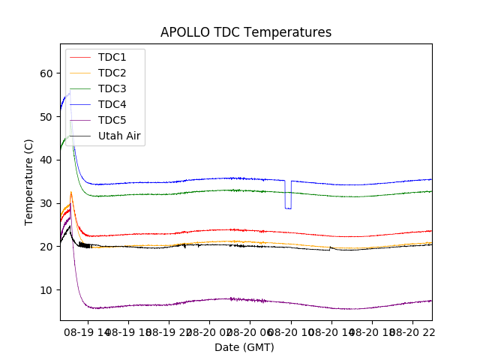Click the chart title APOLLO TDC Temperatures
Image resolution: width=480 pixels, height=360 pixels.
(x=246, y=32)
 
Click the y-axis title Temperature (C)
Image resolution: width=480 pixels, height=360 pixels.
(x=29, y=182)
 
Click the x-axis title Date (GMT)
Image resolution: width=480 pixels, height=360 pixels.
(x=244, y=347)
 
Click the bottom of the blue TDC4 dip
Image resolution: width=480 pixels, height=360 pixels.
(x=288, y=208)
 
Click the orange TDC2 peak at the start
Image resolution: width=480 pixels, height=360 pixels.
(x=71, y=192)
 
